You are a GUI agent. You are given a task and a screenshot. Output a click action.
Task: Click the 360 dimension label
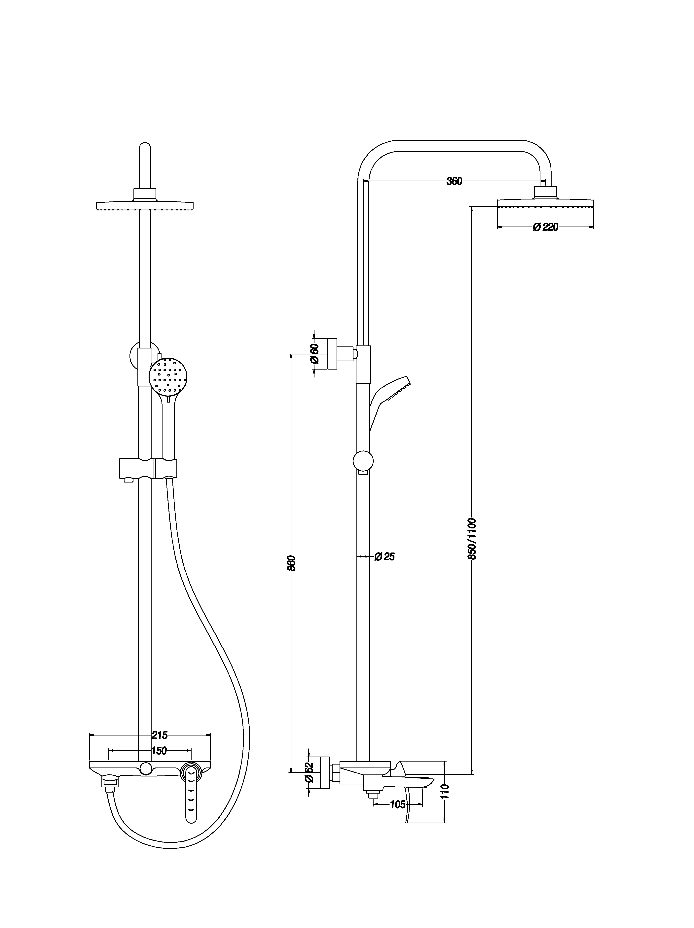tap(454, 181)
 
